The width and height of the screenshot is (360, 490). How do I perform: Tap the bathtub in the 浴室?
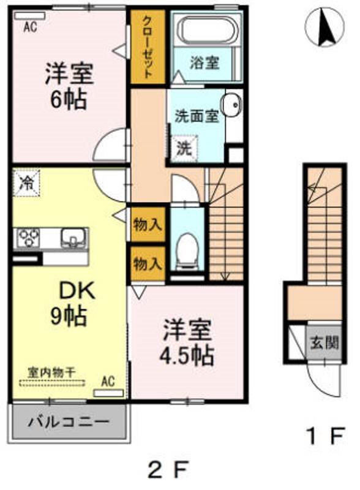pyautogui.click(x=206, y=29)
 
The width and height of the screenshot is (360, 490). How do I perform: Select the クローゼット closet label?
pyautogui.click(x=147, y=47)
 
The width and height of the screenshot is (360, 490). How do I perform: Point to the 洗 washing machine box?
pyautogui.click(x=184, y=149)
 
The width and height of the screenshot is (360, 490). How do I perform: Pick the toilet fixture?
pyautogui.click(x=187, y=251)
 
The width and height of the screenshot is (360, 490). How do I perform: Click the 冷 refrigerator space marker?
pyautogui.click(x=26, y=183)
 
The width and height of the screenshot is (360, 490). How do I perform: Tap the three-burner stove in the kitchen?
pyautogui.click(x=28, y=238)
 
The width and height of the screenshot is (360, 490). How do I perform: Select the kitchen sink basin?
pyautogui.click(x=73, y=238)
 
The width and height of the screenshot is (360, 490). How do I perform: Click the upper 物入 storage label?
pyautogui.click(x=148, y=224)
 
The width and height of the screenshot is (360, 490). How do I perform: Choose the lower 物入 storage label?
pyautogui.click(x=148, y=265)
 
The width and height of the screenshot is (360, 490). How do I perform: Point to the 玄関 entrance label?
pyautogui.click(x=324, y=342)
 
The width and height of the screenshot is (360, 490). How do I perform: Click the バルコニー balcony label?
pyautogui.click(x=69, y=422)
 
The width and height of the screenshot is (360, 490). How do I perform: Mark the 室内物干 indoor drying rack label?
pyautogui.click(x=52, y=372)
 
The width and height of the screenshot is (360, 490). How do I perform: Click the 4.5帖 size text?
pyautogui.click(x=187, y=355)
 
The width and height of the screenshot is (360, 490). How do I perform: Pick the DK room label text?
pyautogui.click(x=77, y=292)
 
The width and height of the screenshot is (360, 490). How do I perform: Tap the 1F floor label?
pyautogui.click(x=326, y=435)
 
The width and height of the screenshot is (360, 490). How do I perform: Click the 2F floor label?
pyautogui.click(x=169, y=469)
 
